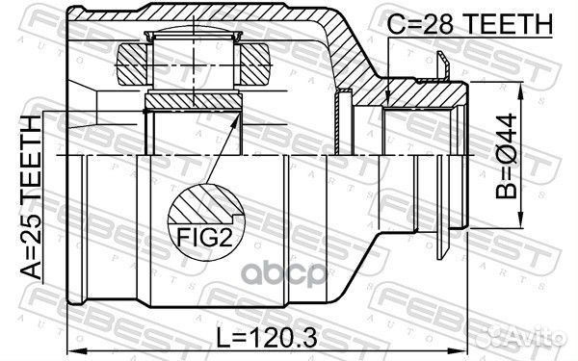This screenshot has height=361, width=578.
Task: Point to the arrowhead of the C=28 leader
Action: (x=386, y=101)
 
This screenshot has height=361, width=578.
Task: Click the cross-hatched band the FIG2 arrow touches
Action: (x=193, y=100)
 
